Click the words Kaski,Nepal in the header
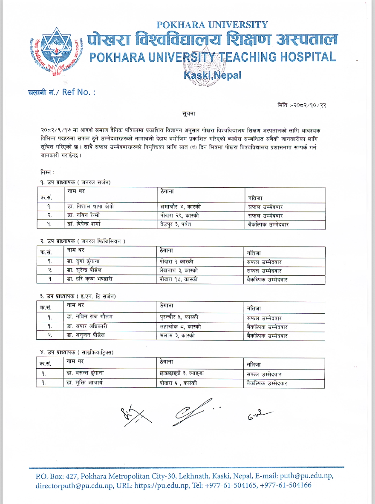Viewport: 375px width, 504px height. point(212,75)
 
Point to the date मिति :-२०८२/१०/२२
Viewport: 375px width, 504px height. point(302,105)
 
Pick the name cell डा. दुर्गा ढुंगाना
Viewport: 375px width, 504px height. point(86,261)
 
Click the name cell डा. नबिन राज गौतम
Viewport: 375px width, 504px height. point(89,317)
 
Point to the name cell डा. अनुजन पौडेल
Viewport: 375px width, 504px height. point(87,335)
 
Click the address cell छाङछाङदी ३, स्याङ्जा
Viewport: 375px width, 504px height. point(179,373)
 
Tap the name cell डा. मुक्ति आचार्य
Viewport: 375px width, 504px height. point(85,383)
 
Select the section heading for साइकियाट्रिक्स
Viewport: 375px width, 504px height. point(77,352)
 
